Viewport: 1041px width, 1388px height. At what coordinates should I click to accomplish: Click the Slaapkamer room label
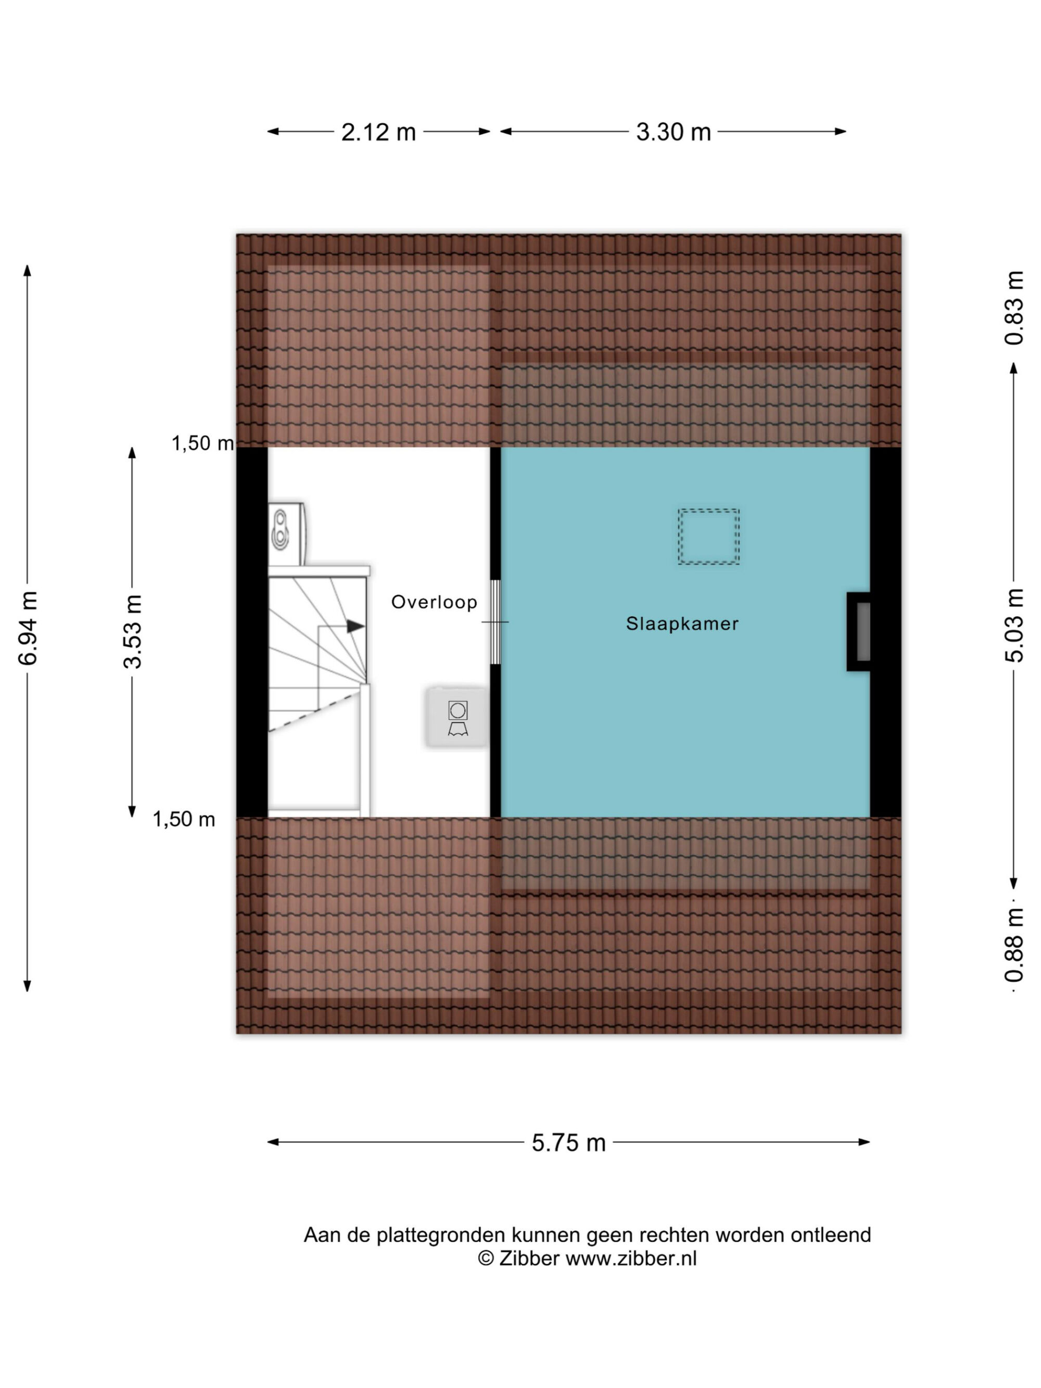(x=682, y=623)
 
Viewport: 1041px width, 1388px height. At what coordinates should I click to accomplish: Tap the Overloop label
(x=434, y=602)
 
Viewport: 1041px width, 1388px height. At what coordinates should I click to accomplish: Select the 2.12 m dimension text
(x=378, y=132)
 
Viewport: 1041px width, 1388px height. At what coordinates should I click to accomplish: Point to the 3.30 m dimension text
(x=674, y=132)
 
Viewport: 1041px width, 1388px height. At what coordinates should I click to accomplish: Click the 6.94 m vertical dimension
(x=28, y=628)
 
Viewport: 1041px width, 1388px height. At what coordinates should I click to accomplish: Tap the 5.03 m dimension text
(x=1014, y=626)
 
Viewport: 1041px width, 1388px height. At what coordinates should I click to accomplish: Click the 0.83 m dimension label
(x=1014, y=308)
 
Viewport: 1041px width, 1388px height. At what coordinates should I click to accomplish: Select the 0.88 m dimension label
(x=1014, y=945)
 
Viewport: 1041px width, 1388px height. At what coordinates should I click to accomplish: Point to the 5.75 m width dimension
(x=568, y=1143)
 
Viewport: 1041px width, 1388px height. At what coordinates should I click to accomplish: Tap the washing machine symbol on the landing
(x=458, y=717)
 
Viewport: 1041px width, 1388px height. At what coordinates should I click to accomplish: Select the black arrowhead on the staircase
(x=355, y=626)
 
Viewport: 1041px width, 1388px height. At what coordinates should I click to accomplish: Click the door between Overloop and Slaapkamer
(x=495, y=622)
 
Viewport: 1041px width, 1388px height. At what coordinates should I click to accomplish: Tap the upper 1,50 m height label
(x=202, y=443)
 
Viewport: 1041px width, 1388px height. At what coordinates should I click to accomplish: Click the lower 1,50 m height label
(x=184, y=819)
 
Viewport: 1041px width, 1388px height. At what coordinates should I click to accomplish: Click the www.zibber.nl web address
(x=631, y=1258)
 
